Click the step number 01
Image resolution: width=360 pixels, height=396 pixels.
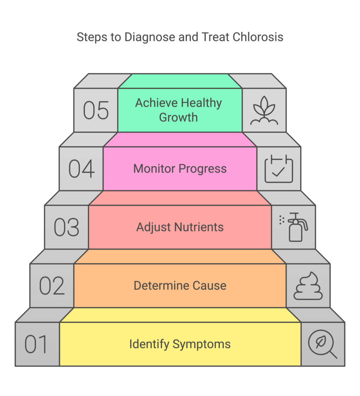tap(36, 345)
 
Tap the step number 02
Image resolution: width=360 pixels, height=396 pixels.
tap(52, 286)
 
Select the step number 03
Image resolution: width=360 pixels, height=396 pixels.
tap(67, 227)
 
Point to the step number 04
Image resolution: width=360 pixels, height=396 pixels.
tap(81, 169)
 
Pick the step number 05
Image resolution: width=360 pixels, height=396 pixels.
tap(96, 110)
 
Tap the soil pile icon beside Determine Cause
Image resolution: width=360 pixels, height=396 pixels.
tap(308, 286)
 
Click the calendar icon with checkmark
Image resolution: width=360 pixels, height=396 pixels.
tap(279, 169)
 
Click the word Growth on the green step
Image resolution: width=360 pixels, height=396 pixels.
tap(178, 117)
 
